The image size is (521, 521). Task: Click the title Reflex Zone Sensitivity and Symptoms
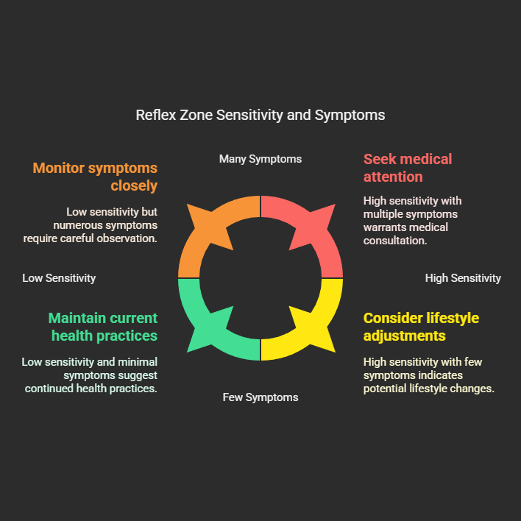click(260, 116)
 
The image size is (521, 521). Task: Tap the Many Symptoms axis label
click(260, 159)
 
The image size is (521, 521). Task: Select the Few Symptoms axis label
click(260, 397)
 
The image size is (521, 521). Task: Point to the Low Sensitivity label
click(59, 278)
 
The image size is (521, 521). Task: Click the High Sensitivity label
click(463, 278)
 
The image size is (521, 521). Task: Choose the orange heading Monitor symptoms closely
click(95, 177)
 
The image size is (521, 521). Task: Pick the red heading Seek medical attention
click(408, 168)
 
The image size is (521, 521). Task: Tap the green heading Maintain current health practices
click(103, 327)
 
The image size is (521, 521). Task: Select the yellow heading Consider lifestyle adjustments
click(421, 327)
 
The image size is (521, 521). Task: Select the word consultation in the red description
click(395, 240)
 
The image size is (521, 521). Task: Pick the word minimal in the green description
click(138, 362)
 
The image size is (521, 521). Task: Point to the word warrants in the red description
click(386, 227)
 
